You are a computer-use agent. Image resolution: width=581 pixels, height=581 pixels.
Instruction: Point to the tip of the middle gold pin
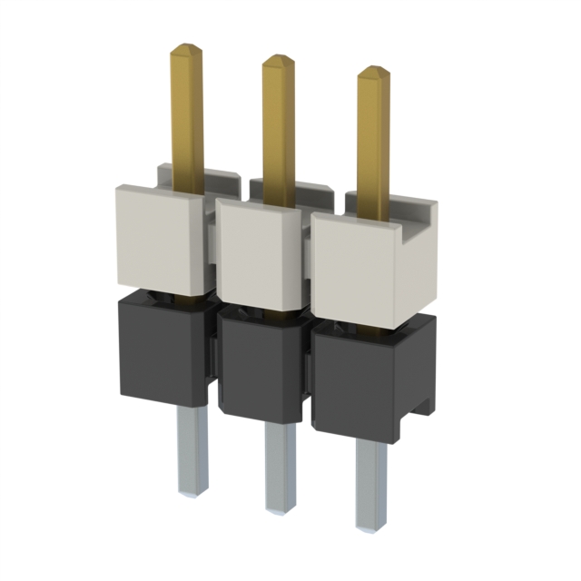point(278,59)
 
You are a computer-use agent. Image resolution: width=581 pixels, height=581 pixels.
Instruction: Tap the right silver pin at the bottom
point(369,481)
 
